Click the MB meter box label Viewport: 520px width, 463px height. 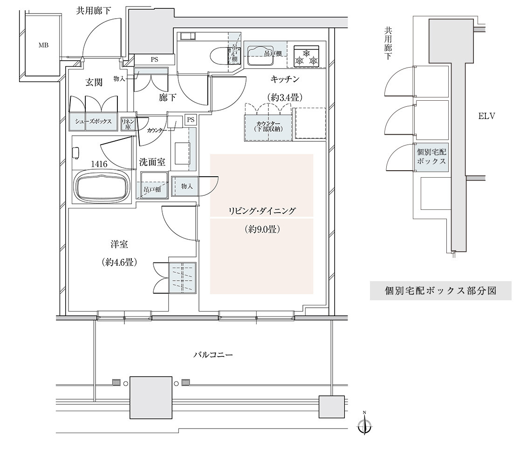pos(43,45)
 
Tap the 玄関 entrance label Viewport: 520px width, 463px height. pos(94,82)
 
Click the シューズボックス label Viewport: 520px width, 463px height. pos(93,122)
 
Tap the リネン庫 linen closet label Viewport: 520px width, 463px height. pos(127,124)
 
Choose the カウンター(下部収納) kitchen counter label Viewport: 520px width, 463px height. pos(268,126)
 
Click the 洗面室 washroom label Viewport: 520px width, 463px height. pos(152,162)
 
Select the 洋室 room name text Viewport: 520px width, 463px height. pos(119,245)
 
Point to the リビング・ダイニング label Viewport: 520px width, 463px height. pos(262,211)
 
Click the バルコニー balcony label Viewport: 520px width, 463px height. pos(213,355)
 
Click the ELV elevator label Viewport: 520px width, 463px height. pos(487,116)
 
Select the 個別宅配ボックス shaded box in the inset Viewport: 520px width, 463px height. pos(431,157)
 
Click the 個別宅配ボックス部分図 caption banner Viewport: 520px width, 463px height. pos(441,291)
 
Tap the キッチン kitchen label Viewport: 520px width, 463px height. pos(285,79)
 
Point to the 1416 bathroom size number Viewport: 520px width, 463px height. pos(99,164)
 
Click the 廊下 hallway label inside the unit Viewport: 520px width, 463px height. pos(167,97)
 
